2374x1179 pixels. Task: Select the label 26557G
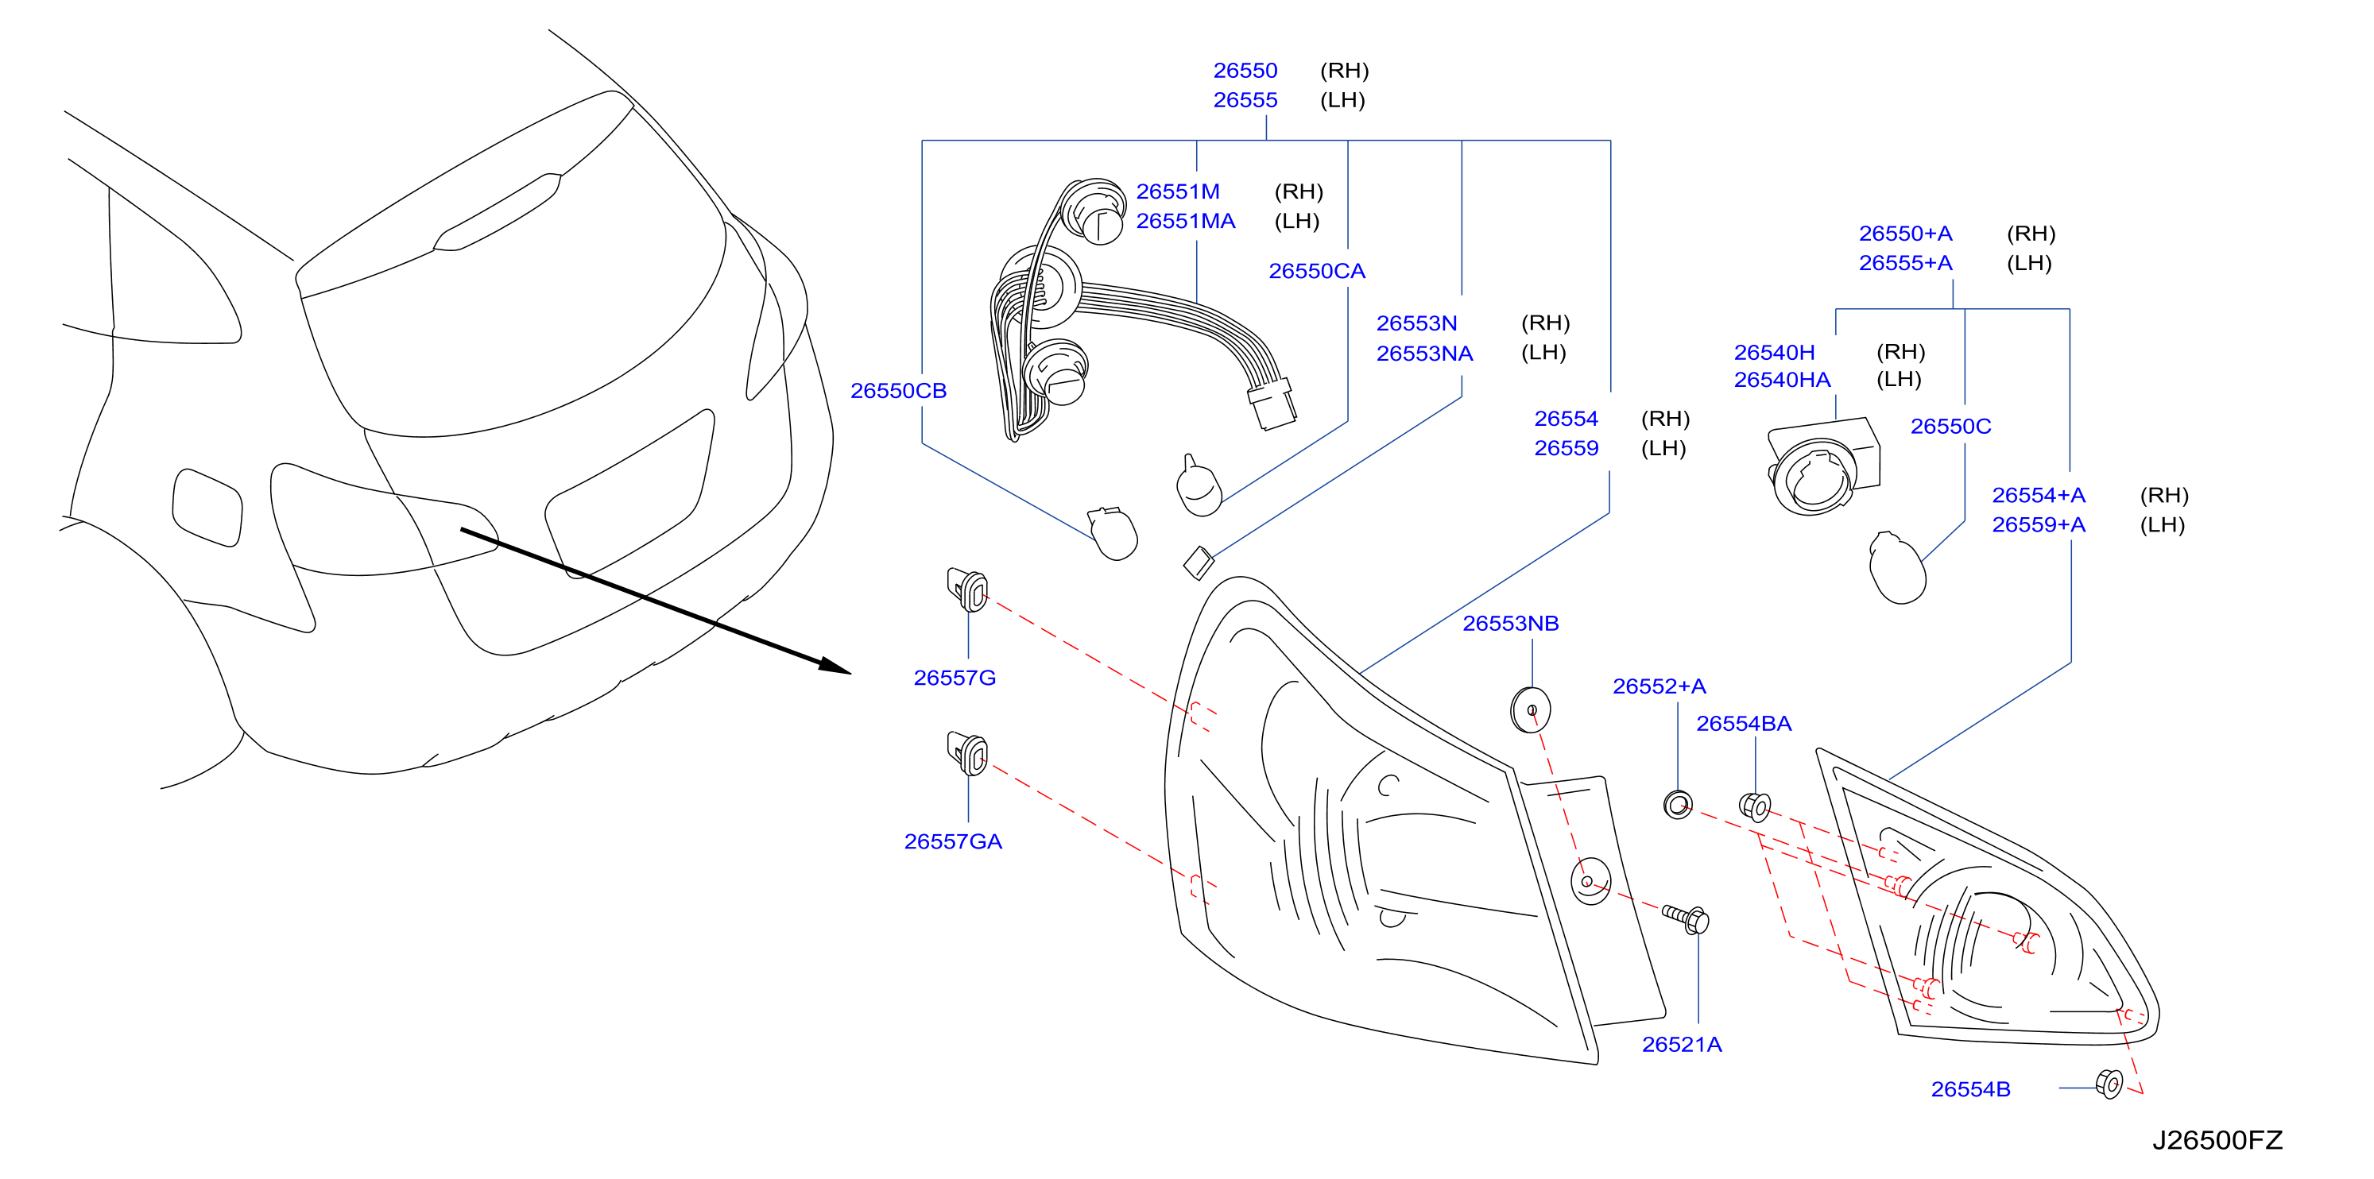coord(954,678)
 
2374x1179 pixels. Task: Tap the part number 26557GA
coord(952,841)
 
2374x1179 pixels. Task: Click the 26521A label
coord(1681,1045)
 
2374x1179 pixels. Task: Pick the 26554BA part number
coord(1744,724)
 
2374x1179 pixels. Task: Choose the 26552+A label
coord(1659,686)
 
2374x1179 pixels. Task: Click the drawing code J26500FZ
coord(2217,1140)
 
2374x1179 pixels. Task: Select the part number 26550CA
coord(1316,271)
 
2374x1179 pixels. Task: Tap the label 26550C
coord(1950,427)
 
